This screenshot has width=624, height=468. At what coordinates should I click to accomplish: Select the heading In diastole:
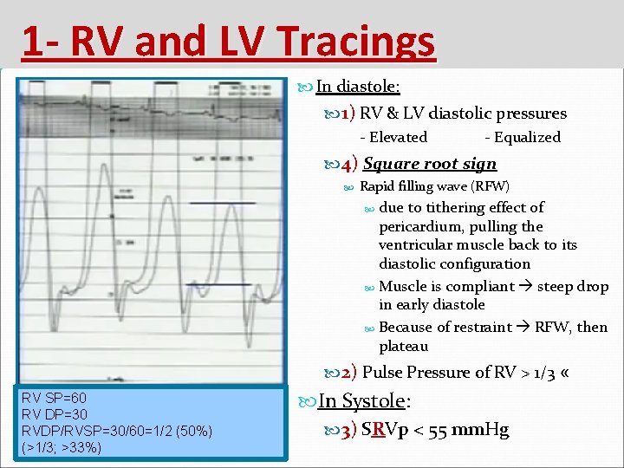pos(357,86)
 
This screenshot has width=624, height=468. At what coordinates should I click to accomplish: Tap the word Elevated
pos(398,137)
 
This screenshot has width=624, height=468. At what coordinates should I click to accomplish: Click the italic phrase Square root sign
pos(430,164)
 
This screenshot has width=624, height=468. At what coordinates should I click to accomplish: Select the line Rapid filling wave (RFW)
pos(434,186)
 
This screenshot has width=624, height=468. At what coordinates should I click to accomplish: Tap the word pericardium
pos(421,227)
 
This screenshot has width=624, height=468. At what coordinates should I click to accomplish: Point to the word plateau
pos(403,347)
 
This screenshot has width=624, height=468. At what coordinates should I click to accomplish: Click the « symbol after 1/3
pos(565,373)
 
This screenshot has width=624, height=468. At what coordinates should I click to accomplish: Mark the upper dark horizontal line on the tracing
pos(223,203)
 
